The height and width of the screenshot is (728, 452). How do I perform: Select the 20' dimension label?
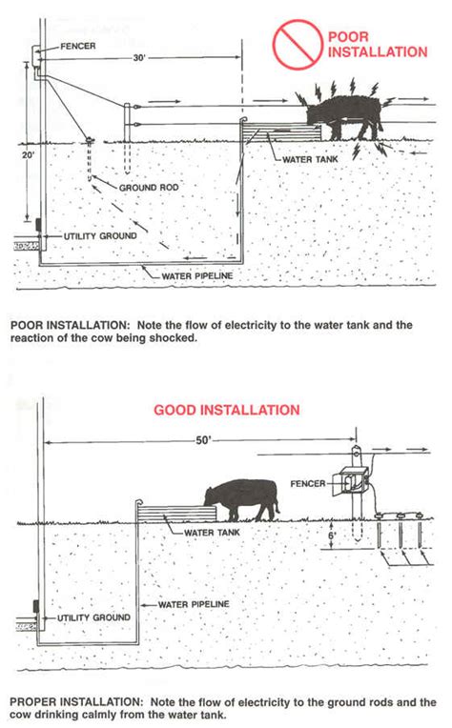click(28, 154)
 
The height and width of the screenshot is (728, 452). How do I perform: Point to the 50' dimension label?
click(203, 440)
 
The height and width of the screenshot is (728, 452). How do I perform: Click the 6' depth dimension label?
click(332, 535)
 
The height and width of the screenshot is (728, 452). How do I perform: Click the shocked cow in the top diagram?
click(343, 116)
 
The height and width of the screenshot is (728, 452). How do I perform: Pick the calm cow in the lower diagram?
click(241, 500)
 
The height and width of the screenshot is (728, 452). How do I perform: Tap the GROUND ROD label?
click(149, 188)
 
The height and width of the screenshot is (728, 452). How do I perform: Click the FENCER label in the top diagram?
click(78, 46)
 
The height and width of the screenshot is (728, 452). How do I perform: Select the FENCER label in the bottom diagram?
click(308, 484)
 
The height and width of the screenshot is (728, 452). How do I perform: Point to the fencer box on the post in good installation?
click(353, 482)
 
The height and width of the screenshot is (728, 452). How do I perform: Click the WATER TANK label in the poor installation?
click(310, 159)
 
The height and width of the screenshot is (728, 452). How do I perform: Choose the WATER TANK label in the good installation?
click(212, 533)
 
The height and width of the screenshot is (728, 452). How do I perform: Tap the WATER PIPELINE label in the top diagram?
click(197, 275)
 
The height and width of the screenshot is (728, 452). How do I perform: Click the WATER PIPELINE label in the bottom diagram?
click(194, 604)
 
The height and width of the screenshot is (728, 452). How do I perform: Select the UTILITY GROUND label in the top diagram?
click(100, 236)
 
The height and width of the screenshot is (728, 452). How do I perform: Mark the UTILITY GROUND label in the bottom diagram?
click(93, 617)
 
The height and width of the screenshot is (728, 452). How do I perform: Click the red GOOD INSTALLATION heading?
click(227, 410)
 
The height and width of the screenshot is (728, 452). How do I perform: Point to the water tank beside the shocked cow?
click(281, 131)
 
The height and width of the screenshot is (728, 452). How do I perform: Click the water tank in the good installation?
click(177, 514)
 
